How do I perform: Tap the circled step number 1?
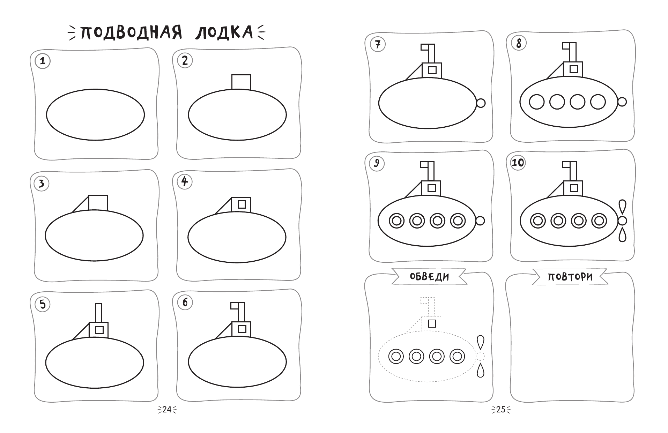pyautogui.click(x=43, y=61)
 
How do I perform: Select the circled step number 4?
pyautogui.click(x=185, y=181)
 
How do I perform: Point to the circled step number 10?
pyautogui.click(x=518, y=163)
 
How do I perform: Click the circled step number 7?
pyautogui.click(x=377, y=45)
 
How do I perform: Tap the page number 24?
pyautogui.click(x=167, y=410)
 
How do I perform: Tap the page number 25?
pyautogui.click(x=501, y=410)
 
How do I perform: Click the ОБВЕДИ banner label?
pyautogui.click(x=429, y=277)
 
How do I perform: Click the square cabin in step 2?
pyautogui.click(x=241, y=82)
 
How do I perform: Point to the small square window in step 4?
pyautogui.click(x=242, y=204)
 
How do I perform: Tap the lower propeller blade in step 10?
pyautogui.click(x=622, y=233)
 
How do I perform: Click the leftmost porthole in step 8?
pyautogui.click(x=537, y=102)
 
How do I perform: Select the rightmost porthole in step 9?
pyautogui.click(x=458, y=221)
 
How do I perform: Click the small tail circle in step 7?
pyautogui.click(x=481, y=103)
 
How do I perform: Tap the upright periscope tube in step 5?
pyautogui.click(x=98, y=313)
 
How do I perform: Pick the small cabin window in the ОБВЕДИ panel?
pyautogui.click(x=432, y=323)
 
